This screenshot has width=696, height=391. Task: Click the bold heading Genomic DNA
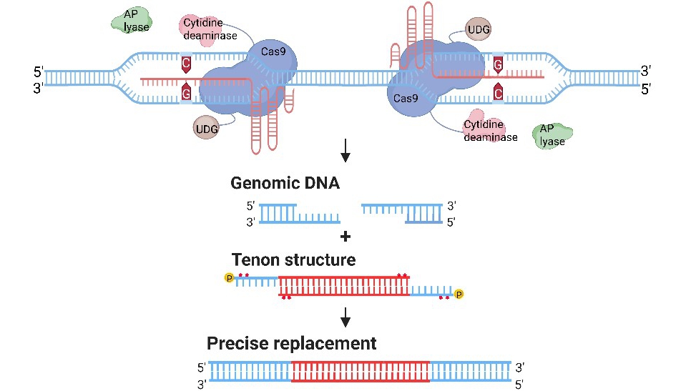pos(285,183)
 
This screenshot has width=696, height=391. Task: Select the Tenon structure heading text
pos(293,259)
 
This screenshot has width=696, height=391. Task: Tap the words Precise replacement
pos(291,344)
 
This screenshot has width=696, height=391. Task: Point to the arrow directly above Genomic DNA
pos(346,149)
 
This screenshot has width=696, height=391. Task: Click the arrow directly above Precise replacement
pos(346,315)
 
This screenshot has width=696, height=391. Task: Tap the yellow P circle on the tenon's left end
pos(230,277)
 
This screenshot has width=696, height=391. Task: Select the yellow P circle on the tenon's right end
pos(459,293)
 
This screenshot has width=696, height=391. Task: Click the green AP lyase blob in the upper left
pos(129,22)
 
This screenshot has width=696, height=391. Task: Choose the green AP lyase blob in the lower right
pos(552,136)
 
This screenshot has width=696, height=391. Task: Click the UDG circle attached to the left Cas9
pos(206,129)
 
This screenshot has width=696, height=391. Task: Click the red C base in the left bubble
pos(186,65)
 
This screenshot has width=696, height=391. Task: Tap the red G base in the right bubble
pos(497,65)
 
